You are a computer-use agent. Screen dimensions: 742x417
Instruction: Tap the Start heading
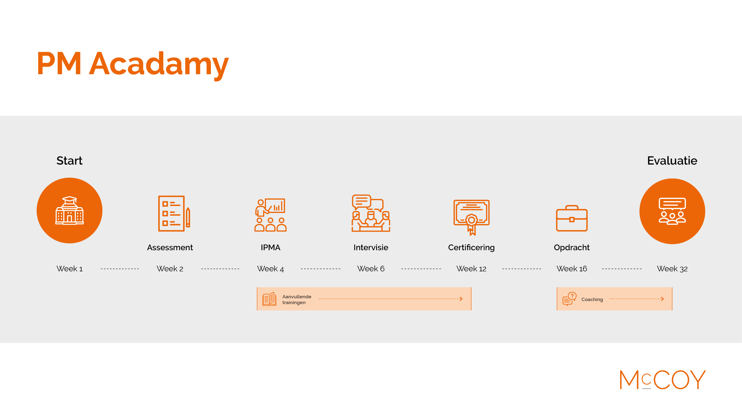click(x=70, y=161)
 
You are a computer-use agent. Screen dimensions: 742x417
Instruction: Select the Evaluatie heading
click(x=672, y=161)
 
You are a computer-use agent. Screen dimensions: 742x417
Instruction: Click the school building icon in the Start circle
click(x=70, y=210)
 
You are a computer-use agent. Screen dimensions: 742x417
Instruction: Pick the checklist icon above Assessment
click(x=174, y=214)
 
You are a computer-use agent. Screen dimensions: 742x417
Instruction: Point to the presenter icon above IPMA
click(x=270, y=215)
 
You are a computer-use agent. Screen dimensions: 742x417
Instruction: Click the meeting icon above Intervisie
click(x=371, y=213)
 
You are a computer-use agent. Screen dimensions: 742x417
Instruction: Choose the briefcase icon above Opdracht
click(x=572, y=219)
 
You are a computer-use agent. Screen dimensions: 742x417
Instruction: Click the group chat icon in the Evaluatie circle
click(x=672, y=211)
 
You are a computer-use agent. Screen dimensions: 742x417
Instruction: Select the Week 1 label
click(x=70, y=269)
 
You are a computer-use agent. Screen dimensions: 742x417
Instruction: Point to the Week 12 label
click(x=471, y=269)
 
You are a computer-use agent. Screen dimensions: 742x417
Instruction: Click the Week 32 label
click(x=672, y=269)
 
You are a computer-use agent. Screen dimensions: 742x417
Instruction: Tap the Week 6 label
click(x=371, y=269)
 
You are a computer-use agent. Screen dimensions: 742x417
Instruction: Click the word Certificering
click(x=471, y=248)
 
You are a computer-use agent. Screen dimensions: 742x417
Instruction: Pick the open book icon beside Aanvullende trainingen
click(x=269, y=299)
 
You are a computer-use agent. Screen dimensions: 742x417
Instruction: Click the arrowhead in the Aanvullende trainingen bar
click(x=461, y=299)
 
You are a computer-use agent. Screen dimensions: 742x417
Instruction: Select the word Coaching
click(x=592, y=300)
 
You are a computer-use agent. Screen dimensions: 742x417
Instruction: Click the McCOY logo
click(x=662, y=380)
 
